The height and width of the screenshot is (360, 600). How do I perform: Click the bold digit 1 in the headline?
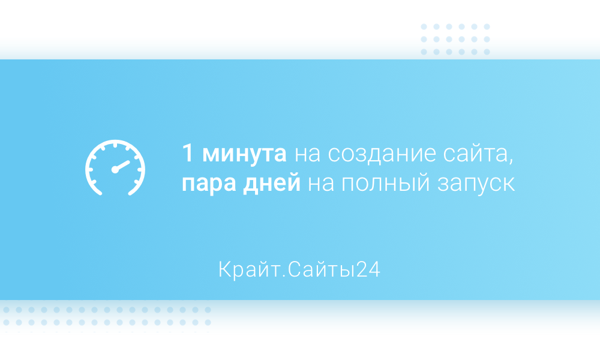187,153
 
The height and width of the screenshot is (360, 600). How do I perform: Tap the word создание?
382,154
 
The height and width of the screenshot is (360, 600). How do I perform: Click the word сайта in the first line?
475,154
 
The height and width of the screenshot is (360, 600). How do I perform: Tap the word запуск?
476,185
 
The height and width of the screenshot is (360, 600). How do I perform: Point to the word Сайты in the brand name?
322,270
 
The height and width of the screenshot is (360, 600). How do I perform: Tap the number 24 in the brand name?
368,269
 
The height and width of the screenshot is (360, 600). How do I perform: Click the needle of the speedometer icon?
123,165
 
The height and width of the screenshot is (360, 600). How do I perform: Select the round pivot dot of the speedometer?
115,169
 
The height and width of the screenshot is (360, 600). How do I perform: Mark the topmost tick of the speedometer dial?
115,145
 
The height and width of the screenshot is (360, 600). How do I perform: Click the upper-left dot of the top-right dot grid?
424,27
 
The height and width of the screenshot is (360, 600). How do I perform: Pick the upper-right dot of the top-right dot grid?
487,27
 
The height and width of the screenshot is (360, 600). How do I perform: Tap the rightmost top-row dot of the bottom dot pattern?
208,310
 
